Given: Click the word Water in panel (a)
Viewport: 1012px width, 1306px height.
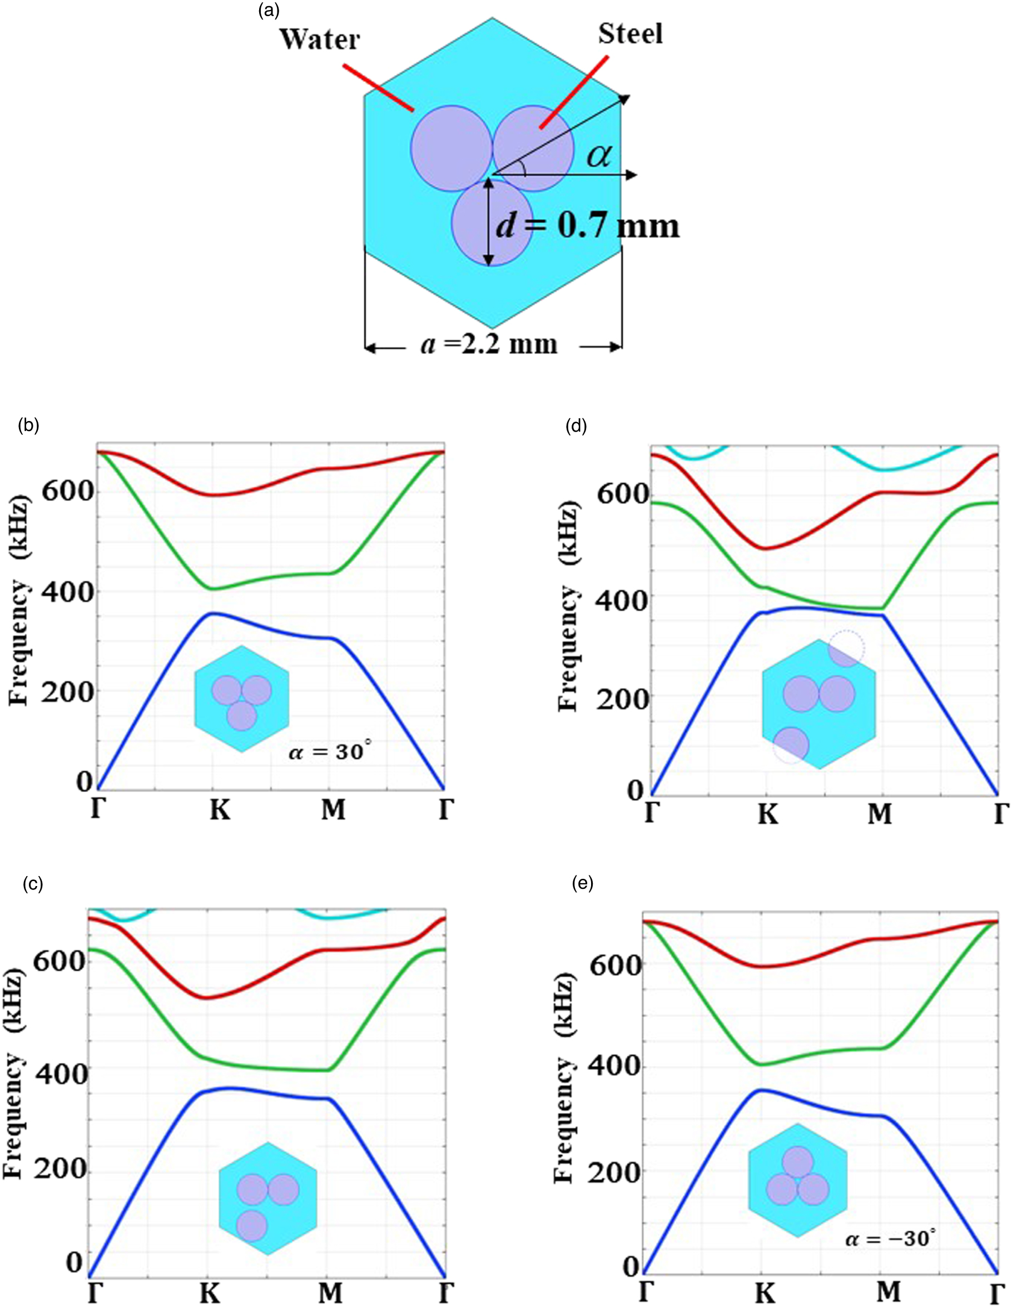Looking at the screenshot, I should click(320, 39).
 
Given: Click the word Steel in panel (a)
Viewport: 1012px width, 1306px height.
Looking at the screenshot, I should click(630, 33).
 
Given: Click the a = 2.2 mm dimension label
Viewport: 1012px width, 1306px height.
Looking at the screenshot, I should click(489, 344).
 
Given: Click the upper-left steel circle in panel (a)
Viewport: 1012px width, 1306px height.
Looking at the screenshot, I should click(451, 149).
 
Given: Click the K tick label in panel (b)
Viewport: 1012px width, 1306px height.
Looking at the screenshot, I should click(220, 811).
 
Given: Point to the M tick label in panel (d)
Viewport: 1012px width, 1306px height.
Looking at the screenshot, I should click(879, 814).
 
